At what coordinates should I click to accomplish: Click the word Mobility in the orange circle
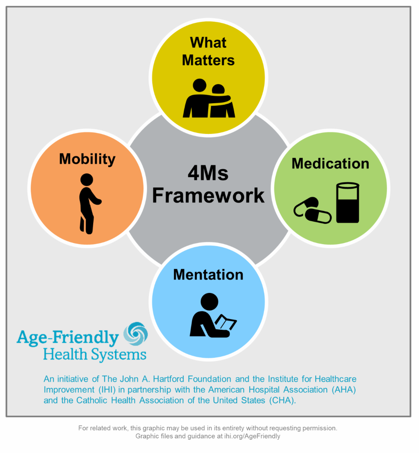pos(87,159)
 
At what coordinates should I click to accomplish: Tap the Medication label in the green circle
pos(330,164)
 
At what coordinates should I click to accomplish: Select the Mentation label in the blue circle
pos(208,275)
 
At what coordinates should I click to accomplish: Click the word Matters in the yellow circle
pos(208,60)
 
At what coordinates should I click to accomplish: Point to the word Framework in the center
pos(208,196)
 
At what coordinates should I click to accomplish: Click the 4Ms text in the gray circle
pos(208,173)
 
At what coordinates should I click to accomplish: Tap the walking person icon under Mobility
pos(89,204)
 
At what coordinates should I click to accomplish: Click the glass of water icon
pos(348,203)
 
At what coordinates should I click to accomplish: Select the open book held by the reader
pos(226,323)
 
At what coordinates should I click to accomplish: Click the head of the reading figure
pos(209,302)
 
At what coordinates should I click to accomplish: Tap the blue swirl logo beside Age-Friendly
pos(136,334)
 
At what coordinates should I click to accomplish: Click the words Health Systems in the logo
pos(95,355)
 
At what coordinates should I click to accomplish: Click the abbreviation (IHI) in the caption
pos(107,390)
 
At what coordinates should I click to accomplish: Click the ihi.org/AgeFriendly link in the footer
pos(252,436)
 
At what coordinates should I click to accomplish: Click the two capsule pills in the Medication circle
pos(313,211)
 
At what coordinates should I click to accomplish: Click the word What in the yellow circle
pos(208,43)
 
